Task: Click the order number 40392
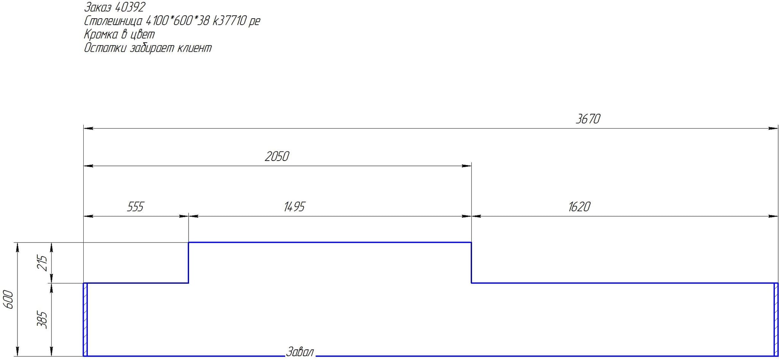pos(130,7)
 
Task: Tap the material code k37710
pos(229,21)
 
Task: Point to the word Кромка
pos(101,34)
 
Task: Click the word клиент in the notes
pos(194,48)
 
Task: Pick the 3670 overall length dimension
pos(588,119)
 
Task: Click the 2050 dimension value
pos(277,156)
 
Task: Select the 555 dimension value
pos(135,207)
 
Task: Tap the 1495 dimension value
pos(294,207)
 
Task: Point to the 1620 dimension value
pos(579,207)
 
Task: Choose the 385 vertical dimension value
pos(42,320)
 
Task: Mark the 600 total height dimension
pos(8,299)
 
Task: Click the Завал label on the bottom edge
pos(300,352)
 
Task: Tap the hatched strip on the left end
pos(86,320)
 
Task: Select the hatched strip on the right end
pos(776,320)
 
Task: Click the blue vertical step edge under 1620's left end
pos(472,263)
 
